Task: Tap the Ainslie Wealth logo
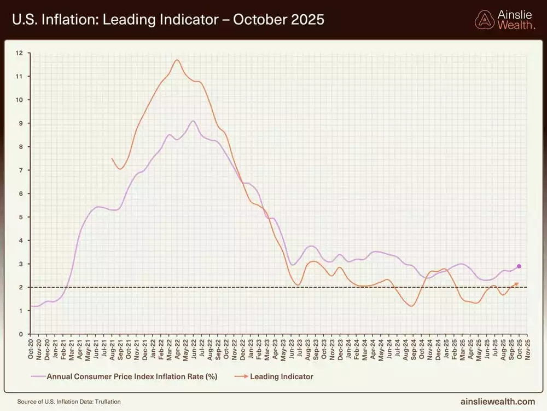(x=505, y=20)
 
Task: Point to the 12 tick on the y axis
(x=20, y=53)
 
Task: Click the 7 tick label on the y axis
(x=20, y=170)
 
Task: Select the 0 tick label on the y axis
(x=20, y=334)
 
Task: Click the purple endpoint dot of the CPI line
(x=519, y=266)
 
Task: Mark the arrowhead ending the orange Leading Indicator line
(x=517, y=283)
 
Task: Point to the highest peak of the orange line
(x=177, y=60)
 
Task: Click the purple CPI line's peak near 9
(x=193, y=121)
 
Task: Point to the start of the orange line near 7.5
(x=112, y=158)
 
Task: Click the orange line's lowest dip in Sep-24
(x=411, y=306)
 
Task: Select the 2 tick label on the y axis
(x=20, y=287)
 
